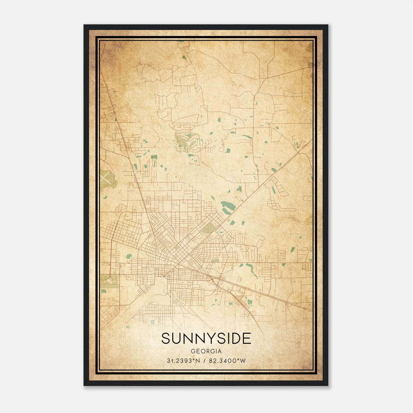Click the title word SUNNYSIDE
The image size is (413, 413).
206,338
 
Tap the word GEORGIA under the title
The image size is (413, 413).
206,351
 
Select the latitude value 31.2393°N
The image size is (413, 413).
184,361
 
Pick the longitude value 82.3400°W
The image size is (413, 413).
227,361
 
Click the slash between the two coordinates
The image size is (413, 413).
204,361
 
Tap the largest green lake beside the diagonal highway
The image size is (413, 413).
228,206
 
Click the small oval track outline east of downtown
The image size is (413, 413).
239,279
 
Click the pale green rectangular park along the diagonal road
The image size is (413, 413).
209,228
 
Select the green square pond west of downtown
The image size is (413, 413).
129,256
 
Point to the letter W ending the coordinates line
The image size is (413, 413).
243,361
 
